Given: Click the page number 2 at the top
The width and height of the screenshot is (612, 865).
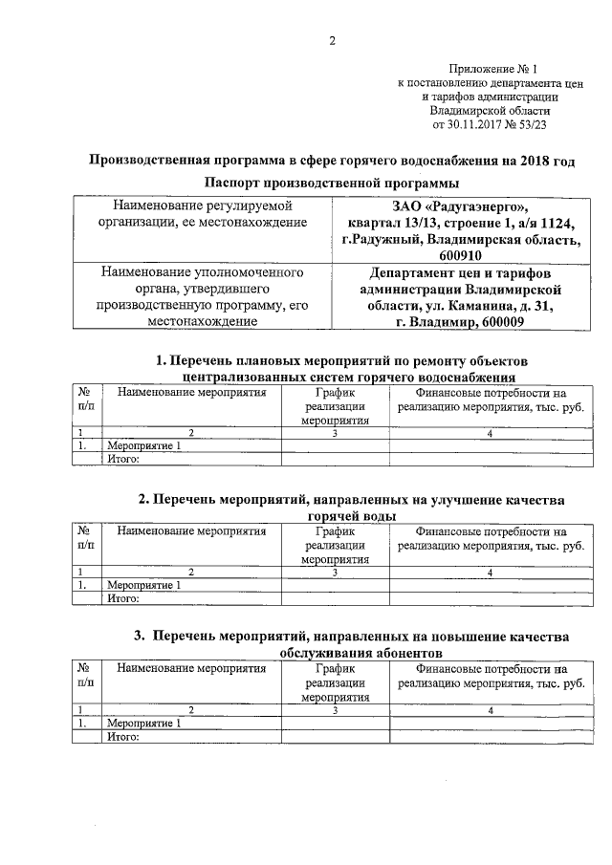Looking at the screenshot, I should [332, 40].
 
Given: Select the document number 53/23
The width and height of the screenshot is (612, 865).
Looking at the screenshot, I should [532, 124].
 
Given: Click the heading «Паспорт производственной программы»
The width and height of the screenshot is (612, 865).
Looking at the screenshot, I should [332, 182].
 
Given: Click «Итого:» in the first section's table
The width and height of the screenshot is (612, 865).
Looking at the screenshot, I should [124, 459].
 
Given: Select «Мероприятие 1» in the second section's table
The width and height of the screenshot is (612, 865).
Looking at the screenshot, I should [143, 585].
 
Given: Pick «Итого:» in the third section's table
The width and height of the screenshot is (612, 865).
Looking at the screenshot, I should [124, 737].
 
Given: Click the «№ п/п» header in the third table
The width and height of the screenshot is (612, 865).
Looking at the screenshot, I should [84, 676].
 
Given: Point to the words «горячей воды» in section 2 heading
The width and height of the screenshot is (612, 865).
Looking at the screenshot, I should [332, 516].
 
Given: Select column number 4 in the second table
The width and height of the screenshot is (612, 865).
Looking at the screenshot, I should [490, 573].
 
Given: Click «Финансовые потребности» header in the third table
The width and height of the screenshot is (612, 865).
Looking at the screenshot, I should [492, 669].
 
